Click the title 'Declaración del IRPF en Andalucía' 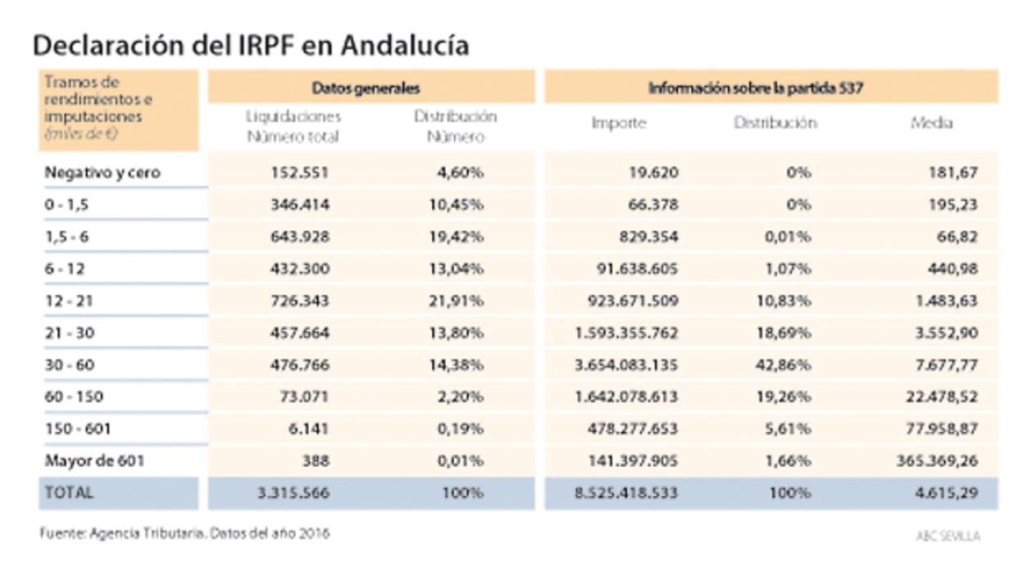point(251,45)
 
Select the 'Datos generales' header point(366,87)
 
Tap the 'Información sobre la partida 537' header point(755,87)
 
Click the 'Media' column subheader point(931,123)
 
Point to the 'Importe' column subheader point(619,124)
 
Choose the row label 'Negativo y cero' point(102,173)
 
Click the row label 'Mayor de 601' point(94,461)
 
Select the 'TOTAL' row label point(69,493)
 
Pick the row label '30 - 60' point(70,365)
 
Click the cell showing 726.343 point(299,301)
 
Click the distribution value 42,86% point(783,365)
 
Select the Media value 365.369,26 point(936,461)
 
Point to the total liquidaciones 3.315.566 point(293,493)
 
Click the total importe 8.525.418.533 point(614,493)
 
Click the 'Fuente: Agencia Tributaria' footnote point(185,533)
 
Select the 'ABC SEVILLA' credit point(948,535)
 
